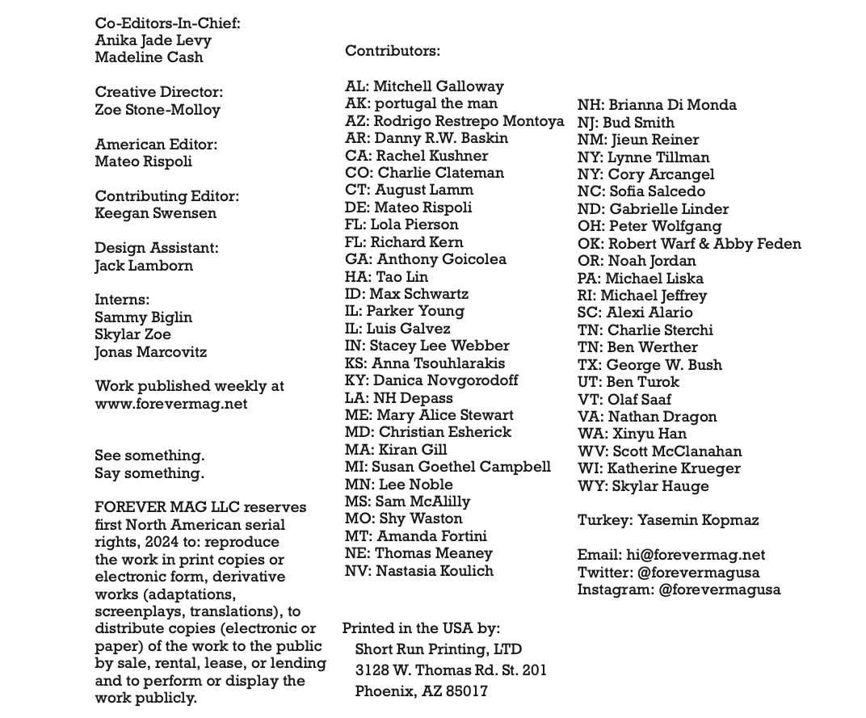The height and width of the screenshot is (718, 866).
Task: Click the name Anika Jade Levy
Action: (x=153, y=40)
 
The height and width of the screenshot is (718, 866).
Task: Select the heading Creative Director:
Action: (x=158, y=93)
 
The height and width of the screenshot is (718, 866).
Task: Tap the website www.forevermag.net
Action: (x=170, y=404)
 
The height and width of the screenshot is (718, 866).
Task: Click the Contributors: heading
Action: (x=392, y=51)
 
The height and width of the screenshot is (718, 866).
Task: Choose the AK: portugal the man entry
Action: (x=421, y=103)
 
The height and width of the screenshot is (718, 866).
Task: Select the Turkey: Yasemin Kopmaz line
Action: (x=667, y=520)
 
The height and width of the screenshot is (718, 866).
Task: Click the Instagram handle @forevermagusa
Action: (x=719, y=590)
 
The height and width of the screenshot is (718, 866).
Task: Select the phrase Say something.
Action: (x=149, y=473)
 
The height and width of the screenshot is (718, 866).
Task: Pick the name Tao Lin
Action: (x=402, y=277)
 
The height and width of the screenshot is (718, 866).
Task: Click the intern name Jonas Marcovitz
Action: (x=150, y=352)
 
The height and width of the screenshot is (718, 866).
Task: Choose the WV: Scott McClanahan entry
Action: (x=659, y=451)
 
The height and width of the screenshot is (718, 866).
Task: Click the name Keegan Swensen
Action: (x=155, y=214)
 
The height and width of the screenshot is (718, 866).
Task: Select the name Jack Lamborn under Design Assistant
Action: (x=144, y=266)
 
